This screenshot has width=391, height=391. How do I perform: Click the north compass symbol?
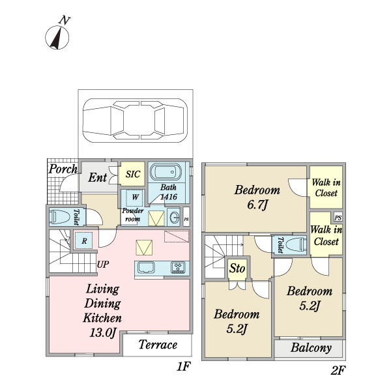59,35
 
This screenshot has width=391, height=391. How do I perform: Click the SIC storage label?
133,174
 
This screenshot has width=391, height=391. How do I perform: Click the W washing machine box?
136,196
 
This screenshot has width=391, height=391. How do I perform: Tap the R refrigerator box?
84,240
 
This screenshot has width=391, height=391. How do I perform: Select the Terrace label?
158,345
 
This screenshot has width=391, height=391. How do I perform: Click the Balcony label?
311,348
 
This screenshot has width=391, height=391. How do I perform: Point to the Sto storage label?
237,268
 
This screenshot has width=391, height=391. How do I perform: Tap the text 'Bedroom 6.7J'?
257,198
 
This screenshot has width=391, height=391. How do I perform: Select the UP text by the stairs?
103,265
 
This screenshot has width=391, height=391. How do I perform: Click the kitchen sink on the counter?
145,267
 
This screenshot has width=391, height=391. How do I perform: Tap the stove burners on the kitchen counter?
177,267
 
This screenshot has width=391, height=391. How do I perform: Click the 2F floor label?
337,371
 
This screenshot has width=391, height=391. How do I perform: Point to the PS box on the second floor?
338,217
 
